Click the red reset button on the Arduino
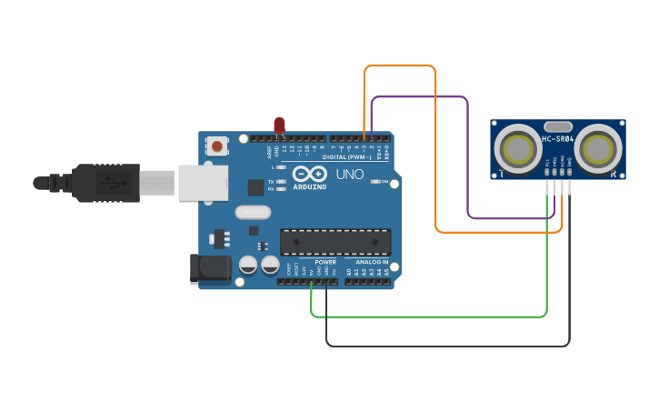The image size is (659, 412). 217,145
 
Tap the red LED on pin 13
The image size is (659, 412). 279,126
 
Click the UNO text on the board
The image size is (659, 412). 350,174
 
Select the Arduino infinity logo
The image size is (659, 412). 309,174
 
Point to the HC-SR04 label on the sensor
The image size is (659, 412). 558,138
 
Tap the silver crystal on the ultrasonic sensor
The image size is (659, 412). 557,126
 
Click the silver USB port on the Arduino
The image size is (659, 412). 202,182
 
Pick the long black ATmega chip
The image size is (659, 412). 335,242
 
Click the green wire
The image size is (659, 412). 427,317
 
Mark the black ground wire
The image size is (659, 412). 445,346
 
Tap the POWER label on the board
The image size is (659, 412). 325,262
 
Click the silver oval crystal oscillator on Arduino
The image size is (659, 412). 253,213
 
